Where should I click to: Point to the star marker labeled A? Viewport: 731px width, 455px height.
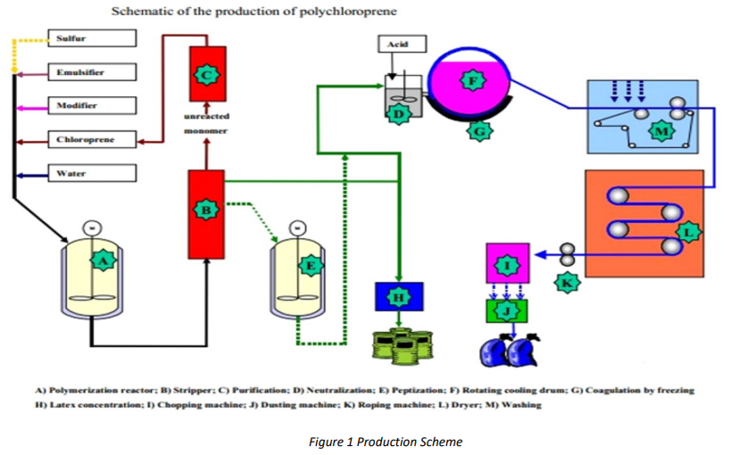(x=104, y=261)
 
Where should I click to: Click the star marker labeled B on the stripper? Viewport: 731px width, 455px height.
(x=206, y=210)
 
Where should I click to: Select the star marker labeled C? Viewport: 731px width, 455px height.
(x=207, y=76)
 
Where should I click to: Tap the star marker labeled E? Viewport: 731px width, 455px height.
(x=310, y=265)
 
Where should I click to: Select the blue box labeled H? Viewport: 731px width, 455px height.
(x=399, y=295)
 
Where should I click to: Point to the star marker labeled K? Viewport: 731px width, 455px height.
(x=567, y=283)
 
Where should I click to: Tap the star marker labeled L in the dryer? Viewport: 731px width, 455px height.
(x=687, y=232)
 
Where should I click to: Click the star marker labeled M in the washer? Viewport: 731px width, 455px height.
(x=660, y=130)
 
